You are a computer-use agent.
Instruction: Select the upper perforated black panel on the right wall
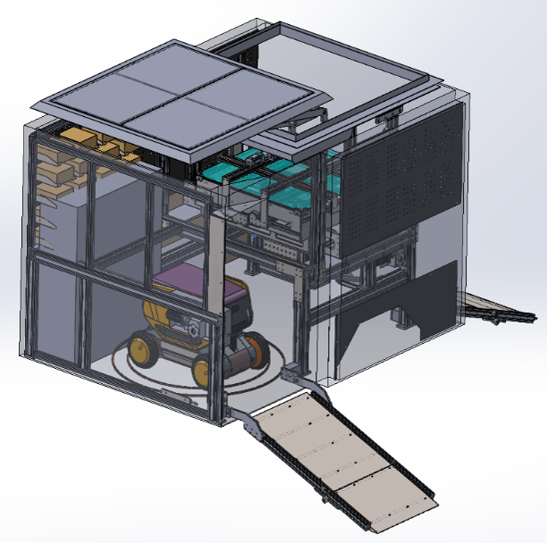click(402, 188)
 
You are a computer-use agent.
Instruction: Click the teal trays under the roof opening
click(268, 183)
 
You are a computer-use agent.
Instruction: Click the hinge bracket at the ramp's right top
click(304, 379)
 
